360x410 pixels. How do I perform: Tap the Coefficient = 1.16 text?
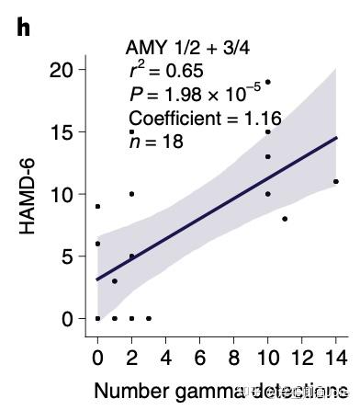(x=204, y=119)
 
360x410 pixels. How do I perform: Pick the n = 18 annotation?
(x=156, y=141)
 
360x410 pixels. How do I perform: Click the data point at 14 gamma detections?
(x=336, y=182)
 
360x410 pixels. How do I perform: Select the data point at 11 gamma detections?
(x=285, y=219)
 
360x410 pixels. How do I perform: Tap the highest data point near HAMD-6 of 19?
(x=267, y=82)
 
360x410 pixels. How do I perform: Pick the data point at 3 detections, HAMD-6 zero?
(x=149, y=318)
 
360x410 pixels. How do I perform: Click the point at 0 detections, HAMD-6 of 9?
(x=97, y=206)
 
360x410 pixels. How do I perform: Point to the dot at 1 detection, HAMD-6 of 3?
(x=115, y=281)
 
